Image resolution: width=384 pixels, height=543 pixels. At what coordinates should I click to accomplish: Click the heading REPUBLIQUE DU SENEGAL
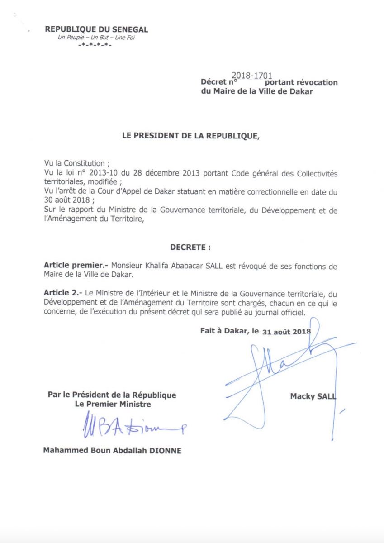coord(96,30)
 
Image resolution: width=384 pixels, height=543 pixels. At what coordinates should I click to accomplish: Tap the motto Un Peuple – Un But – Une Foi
coord(96,38)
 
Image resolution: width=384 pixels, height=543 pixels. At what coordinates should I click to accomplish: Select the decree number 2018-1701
coord(251,76)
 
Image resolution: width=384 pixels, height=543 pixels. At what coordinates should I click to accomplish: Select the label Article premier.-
coord(76,266)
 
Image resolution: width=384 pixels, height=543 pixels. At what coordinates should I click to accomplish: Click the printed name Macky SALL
coord(313,396)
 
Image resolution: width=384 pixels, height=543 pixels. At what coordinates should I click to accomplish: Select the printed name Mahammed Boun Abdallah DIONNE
coord(112,451)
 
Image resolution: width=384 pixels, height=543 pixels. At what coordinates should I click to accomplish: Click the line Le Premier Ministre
coord(113,404)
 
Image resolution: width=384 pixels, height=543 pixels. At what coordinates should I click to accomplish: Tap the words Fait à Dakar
coord(224,331)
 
